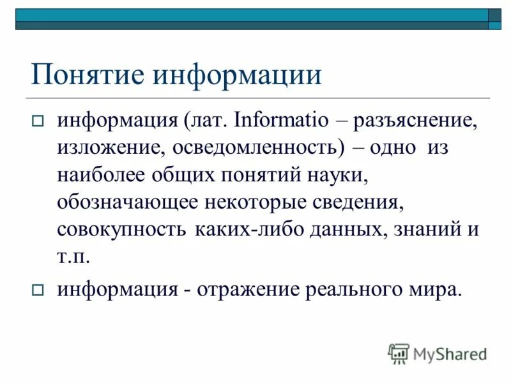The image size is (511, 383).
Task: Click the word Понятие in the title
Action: pyautogui.click(x=84, y=75)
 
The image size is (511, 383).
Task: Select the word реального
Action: pyautogui.click(x=347, y=289)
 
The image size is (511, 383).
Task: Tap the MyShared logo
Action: pyautogui.click(x=438, y=353)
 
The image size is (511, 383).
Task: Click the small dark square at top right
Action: pyautogui.click(x=495, y=15)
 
